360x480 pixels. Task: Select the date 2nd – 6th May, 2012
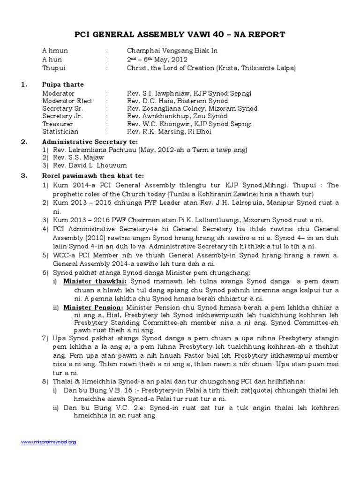point(157,60)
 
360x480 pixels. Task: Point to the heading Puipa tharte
point(63,85)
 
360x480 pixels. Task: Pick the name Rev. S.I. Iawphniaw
point(158,94)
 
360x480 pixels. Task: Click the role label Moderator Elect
point(67,101)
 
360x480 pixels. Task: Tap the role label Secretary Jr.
point(60,116)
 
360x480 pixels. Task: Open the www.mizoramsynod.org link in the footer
point(49,442)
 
